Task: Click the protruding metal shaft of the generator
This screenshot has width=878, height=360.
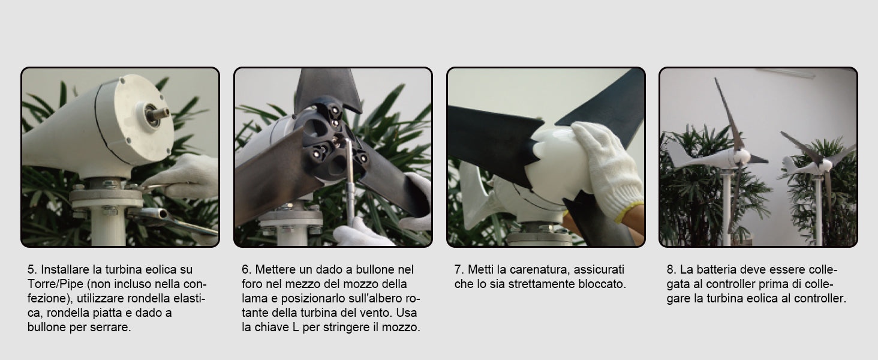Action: (159, 113)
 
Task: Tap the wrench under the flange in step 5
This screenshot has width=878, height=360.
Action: (173, 221)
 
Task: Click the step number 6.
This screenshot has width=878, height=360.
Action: (246, 269)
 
